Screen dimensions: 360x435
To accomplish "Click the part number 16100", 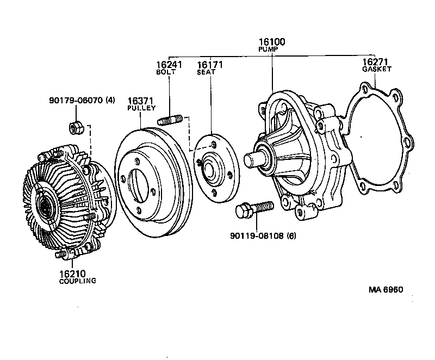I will point(272,42).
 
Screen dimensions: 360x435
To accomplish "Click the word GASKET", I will point(376,70).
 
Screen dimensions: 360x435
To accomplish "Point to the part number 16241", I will point(169,64).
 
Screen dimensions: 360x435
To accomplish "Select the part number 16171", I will point(210,64).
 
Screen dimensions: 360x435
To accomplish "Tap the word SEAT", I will point(206,72).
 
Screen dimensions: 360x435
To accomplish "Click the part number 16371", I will point(140,101).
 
